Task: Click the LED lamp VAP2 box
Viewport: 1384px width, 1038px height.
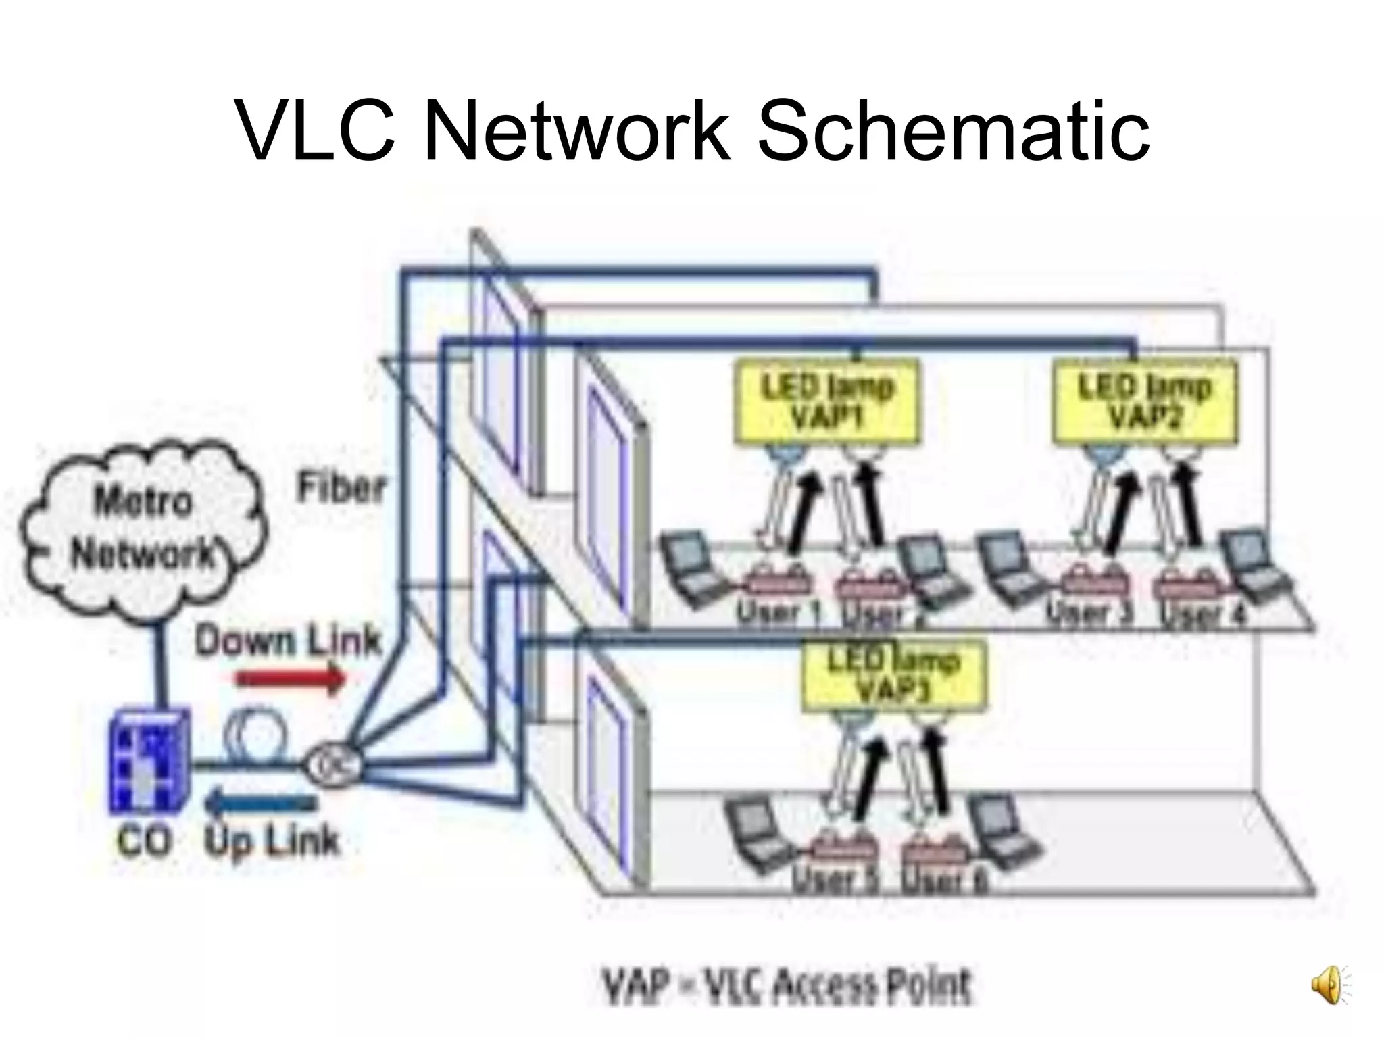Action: point(1145,403)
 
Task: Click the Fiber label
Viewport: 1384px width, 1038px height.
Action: point(341,488)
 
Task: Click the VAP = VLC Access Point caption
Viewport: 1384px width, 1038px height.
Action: point(787,987)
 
